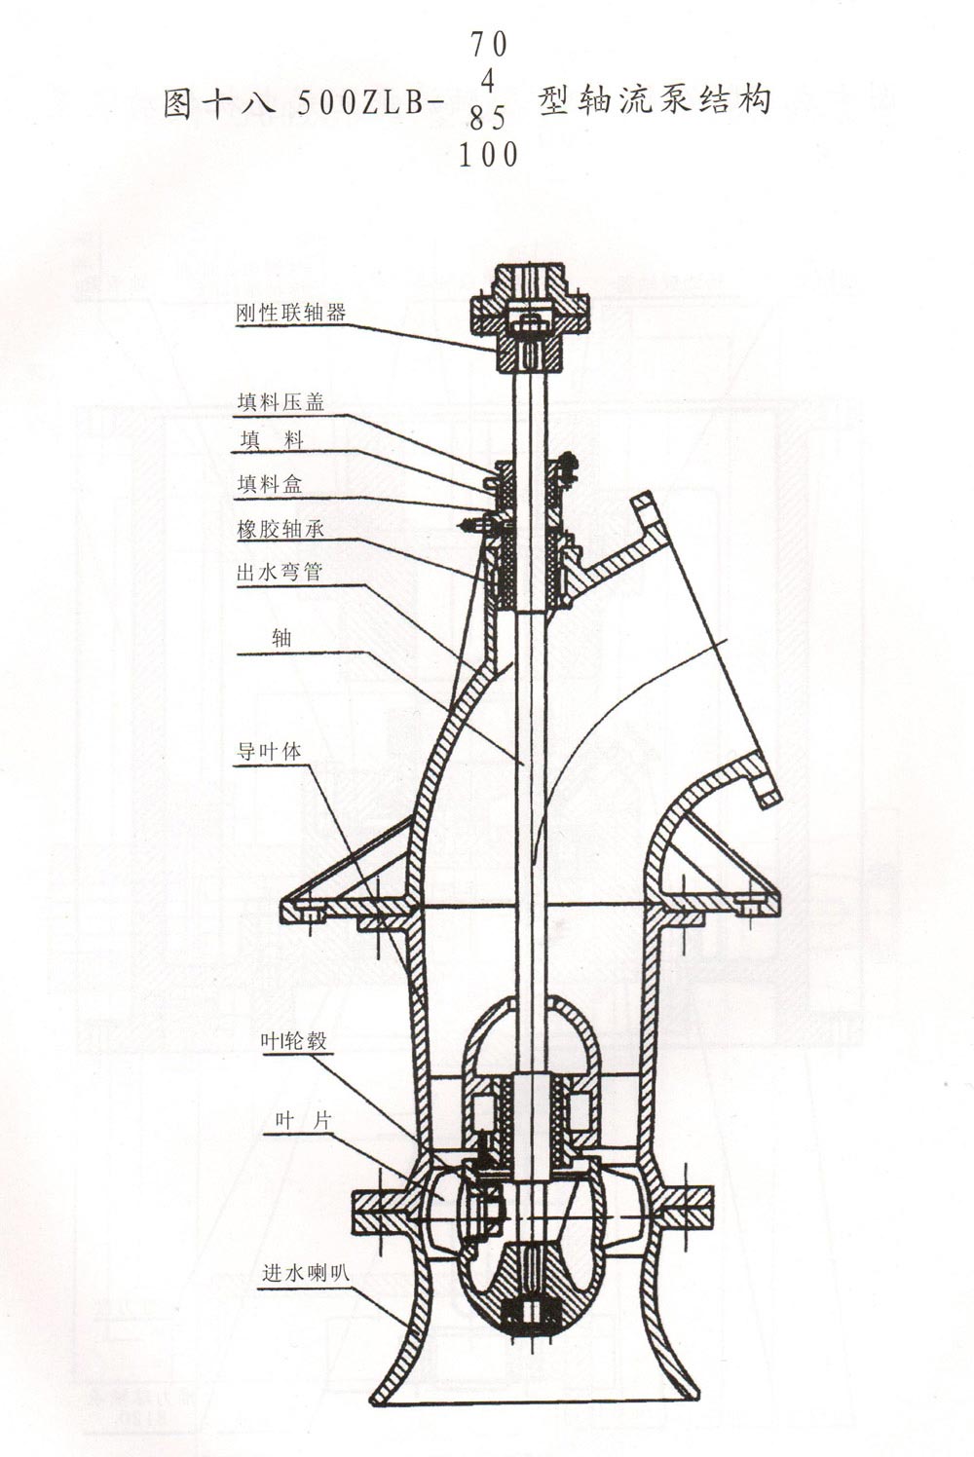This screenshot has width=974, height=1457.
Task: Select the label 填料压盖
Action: (x=281, y=403)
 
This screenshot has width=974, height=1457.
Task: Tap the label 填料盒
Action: (x=270, y=484)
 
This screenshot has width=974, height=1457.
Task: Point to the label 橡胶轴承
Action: (x=281, y=530)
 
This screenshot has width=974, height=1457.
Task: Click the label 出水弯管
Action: (x=280, y=573)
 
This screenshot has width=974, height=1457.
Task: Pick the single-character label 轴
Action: (x=281, y=637)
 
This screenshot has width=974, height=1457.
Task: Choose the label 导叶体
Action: (x=270, y=752)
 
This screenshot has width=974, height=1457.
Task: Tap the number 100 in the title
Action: (x=489, y=156)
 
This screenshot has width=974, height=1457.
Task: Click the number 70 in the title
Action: (x=489, y=45)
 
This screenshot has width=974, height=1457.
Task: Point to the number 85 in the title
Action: (x=489, y=119)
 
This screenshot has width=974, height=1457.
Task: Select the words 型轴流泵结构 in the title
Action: (x=654, y=101)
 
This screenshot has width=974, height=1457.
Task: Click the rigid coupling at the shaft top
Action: (x=530, y=318)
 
